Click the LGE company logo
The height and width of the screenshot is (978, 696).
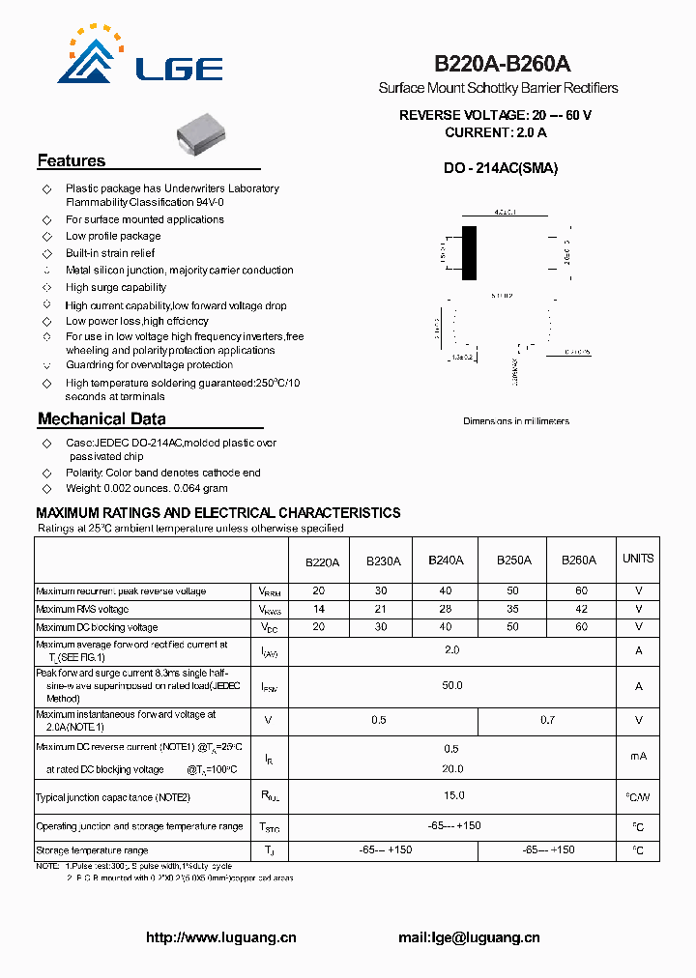pos(140,58)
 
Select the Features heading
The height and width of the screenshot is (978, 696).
pos(72,161)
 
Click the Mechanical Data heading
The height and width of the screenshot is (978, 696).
pos(101,419)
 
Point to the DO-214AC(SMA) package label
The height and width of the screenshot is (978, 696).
pos(501,168)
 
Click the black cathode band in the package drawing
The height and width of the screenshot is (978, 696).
pos(469,253)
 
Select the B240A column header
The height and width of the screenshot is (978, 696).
pos(445,560)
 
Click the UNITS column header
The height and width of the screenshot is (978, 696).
pos(638,559)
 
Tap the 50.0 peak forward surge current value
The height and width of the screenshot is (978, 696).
pos(451,685)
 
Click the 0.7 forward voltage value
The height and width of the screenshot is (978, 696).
pos(547,721)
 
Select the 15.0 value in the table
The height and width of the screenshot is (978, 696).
pos(451,795)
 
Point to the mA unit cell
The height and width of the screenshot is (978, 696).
pos(638,757)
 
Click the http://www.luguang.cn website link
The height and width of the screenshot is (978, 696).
pos(221,937)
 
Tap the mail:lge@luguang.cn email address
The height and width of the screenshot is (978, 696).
pos(469,937)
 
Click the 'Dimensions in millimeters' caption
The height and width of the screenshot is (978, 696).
pos(516,421)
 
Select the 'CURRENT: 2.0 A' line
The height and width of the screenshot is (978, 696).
pos(496,132)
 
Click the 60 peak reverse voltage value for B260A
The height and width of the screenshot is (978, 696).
pos(581,591)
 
